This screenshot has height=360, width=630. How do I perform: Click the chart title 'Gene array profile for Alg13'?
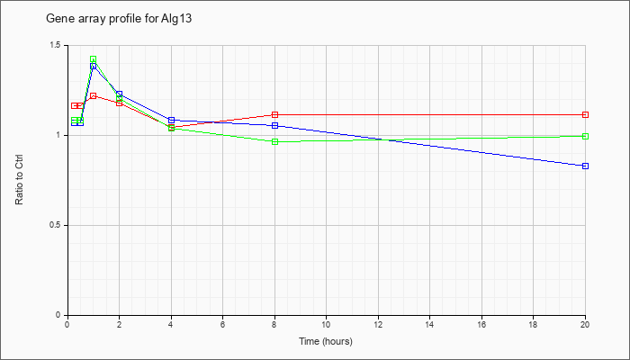click(119, 19)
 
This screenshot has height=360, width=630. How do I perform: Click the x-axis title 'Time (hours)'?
click(326, 341)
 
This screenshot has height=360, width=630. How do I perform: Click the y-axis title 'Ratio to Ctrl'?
click(19, 180)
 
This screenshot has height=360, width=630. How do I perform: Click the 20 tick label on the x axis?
click(585, 324)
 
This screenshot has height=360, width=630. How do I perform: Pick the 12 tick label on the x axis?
click(378, 324)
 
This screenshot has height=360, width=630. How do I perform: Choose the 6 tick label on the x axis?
click(223, 324)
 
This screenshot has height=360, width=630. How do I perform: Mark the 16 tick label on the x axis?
click(481, 324)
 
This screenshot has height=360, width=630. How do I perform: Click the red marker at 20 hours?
click(585, 115)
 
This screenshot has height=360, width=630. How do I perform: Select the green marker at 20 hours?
click(585, 136)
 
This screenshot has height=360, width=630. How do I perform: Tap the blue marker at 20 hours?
click(585, 166)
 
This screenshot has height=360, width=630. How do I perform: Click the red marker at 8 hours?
click(274, 115)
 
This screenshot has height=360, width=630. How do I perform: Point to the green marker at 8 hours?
click(274, 141)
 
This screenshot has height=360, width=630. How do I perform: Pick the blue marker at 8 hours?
click(274, 126)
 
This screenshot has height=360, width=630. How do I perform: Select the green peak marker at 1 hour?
click(94, 59)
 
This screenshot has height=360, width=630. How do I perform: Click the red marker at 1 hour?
click(94, 96)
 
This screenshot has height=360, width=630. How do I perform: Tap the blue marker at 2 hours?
click(120, 94)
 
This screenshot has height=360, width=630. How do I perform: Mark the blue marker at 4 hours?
click(172, 120)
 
